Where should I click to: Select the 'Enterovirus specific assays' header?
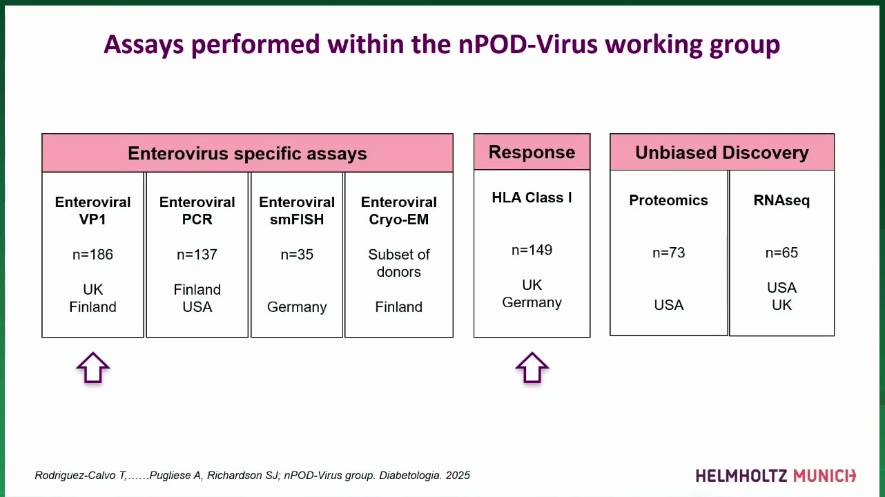click(247, 153)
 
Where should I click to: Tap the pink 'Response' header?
click(532, 152)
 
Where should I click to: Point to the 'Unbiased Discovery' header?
click(722, 153)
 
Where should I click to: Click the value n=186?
click(93, 255)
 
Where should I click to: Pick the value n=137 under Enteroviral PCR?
click(197, 255)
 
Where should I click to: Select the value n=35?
click(297, 255)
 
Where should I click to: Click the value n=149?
click(532, 250)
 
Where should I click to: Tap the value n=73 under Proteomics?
click(668, 253)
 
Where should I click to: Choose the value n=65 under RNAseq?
click(781, 253)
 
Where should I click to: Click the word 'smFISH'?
click(297, 220)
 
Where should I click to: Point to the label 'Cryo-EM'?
click(398, 220)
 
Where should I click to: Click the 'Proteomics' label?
click(668, 200)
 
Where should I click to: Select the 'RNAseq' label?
click(781, 201)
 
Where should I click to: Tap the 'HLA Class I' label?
click(532, 197)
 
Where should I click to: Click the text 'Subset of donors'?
click(398, 263)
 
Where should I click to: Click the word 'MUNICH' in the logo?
click(824, 476)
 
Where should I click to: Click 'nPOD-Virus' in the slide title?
click(528, 44)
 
